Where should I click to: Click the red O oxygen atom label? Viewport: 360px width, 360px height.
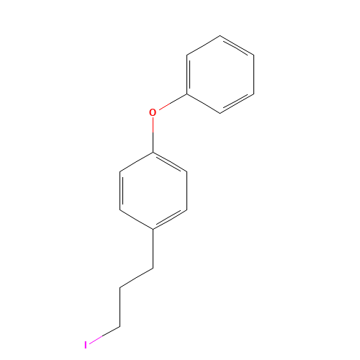[152, 112]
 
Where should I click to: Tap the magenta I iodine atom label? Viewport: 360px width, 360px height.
[85, 345]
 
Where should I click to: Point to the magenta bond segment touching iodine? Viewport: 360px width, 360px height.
[96, 338]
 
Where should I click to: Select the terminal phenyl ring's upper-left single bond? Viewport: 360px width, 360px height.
[203, 45]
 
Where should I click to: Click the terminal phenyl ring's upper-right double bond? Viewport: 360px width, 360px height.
[238, 45]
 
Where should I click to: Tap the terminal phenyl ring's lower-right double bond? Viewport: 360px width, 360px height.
[238, 102]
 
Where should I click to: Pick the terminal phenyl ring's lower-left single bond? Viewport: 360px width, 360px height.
[203, 102]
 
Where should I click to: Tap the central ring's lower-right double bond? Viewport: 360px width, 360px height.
[170, 219]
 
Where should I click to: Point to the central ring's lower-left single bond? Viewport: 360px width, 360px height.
[136, 219]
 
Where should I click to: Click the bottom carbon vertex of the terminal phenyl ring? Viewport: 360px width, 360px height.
[220, 113]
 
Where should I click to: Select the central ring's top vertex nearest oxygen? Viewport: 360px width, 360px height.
[153, 152]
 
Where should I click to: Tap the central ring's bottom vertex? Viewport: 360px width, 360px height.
[153, 229]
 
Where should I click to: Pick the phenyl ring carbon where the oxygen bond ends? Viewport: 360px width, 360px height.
[186, 93]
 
